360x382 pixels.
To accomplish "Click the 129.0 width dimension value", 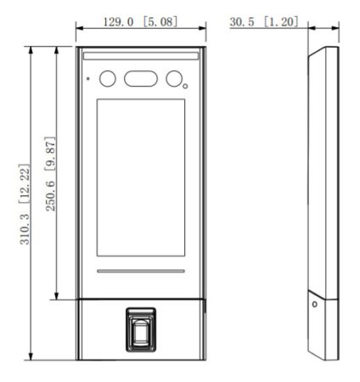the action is point(118,22).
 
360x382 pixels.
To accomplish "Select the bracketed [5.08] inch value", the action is point(160,22).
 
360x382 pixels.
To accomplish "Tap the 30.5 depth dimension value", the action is point(242,22).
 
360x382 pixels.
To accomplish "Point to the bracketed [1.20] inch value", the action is point(281,22).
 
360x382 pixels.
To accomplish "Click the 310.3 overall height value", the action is point(25,229).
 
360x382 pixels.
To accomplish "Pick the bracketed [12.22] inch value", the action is point(25,183).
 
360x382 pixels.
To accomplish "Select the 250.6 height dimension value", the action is point(51,196).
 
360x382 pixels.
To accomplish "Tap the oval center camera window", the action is point(141,78).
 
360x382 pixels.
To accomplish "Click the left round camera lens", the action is point(108,78).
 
